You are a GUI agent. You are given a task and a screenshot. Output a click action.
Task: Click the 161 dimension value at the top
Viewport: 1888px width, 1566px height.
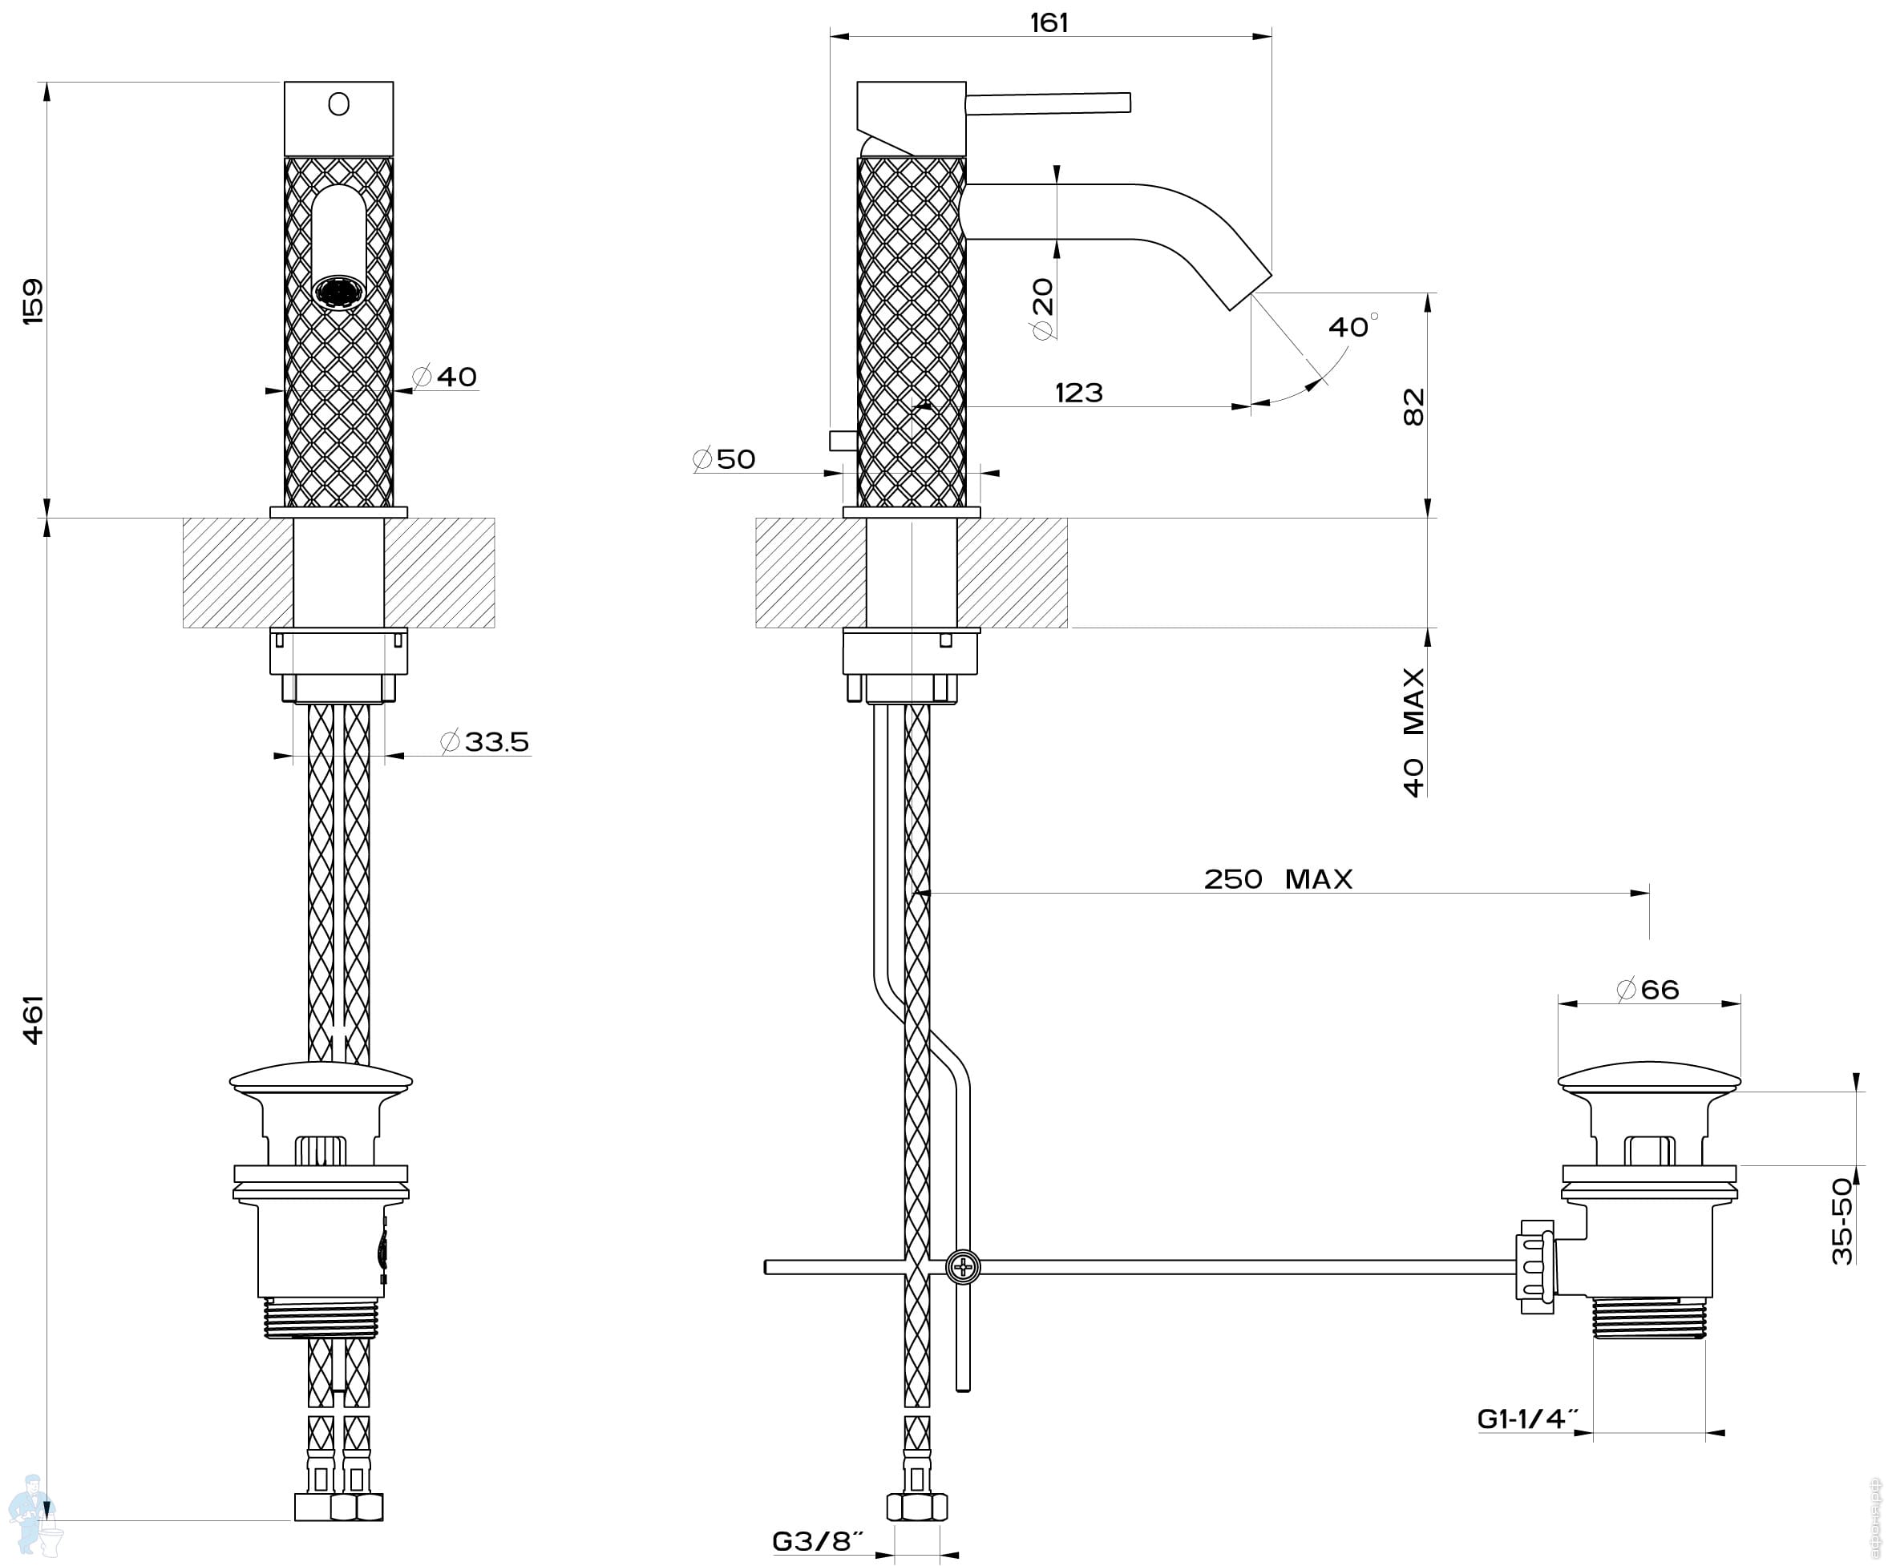point(1049,22)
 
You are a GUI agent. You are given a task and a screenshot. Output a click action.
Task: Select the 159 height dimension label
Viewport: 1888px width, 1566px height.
point(32,301)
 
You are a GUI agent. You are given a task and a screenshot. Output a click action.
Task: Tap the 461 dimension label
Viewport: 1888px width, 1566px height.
point(32,1019)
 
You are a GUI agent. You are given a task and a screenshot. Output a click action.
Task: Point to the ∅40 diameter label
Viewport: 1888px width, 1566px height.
point(444,376)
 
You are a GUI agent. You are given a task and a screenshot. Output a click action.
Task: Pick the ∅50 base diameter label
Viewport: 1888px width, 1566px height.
point(724,458)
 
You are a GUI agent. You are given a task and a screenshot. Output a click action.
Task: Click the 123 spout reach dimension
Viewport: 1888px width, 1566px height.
point(1079,393)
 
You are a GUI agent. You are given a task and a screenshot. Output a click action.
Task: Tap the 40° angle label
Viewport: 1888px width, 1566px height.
point(1353,325)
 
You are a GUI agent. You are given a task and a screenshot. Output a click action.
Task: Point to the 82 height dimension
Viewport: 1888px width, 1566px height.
point(1414,406)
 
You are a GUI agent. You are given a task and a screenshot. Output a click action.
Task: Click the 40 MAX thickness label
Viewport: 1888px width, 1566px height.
point(1414,732)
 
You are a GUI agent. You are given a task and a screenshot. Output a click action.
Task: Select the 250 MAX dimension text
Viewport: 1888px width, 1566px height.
point(1278,878)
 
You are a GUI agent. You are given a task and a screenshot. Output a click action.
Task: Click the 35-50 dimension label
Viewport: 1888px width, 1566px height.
point(1842,1220)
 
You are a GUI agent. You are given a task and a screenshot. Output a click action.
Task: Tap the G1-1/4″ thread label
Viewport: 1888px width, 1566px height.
point(1528,1419)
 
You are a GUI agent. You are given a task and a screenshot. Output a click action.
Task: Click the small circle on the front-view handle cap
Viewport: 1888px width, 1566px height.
point(339,104)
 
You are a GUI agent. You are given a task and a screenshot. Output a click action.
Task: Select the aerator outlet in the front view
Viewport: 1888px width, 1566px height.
point(339,293)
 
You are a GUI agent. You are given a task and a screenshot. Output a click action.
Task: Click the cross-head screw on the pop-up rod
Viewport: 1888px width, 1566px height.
point(963,1268)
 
